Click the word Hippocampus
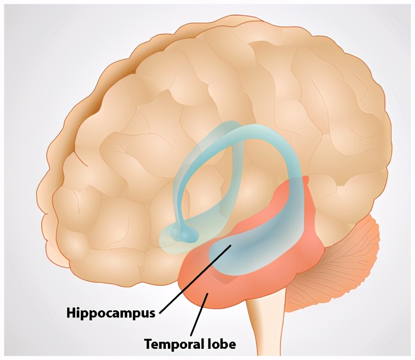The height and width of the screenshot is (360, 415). pyautogui.click(x=110, y=312)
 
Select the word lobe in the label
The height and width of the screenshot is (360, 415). pyautogui.click(x=223, y=344)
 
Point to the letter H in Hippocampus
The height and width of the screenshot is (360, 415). pyautogui.click(x=72, y=312)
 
